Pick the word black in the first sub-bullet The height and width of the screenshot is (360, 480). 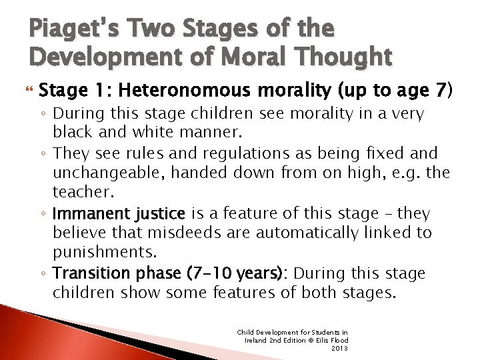74,133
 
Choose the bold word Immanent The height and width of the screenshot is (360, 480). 89,213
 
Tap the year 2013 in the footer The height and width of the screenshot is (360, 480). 339,347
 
